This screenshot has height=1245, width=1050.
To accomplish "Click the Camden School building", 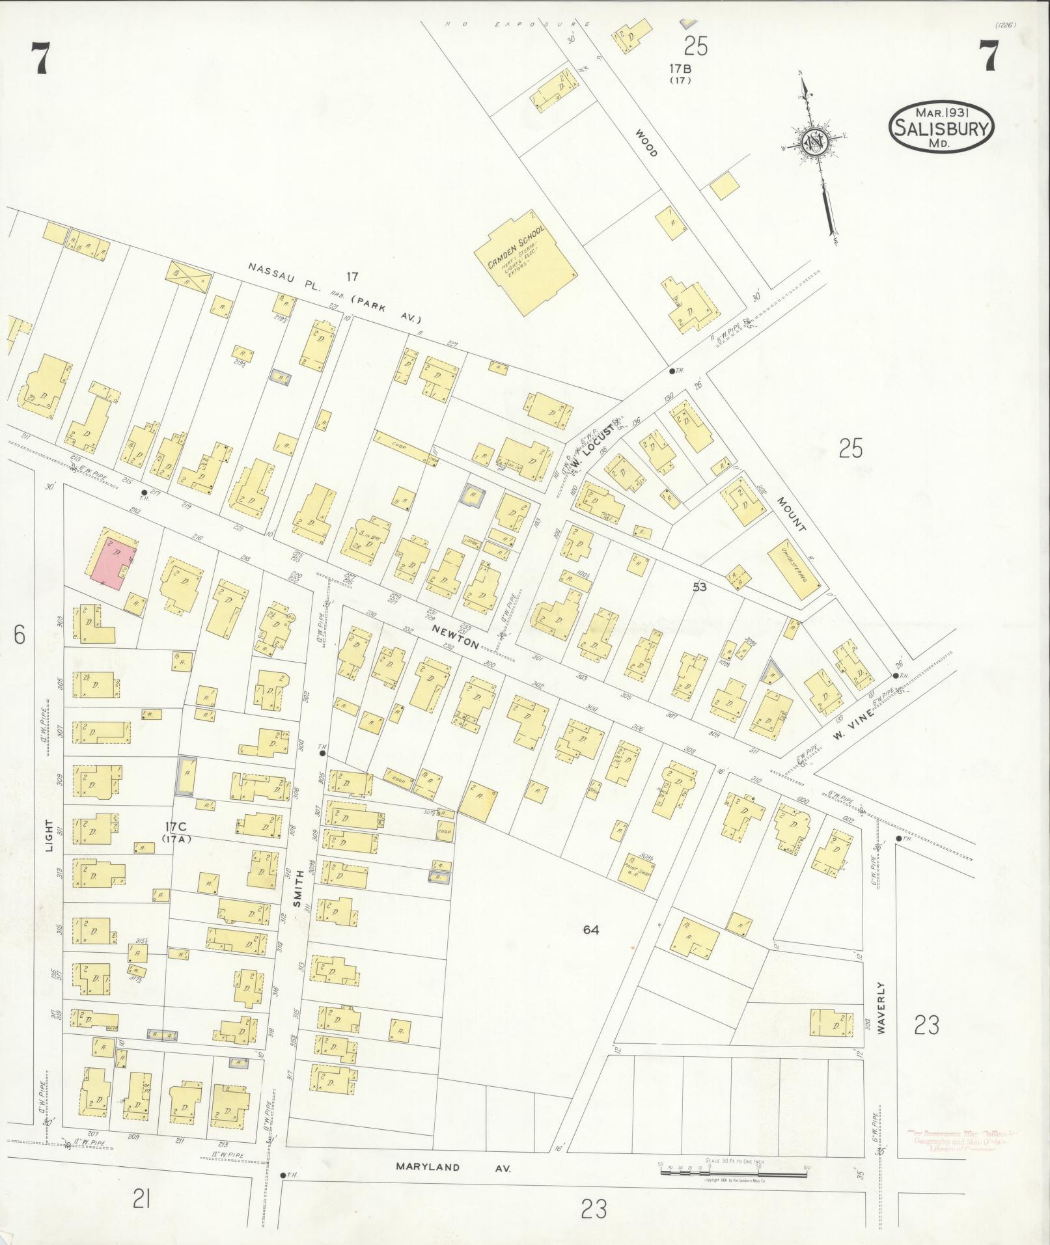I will pos(524,262).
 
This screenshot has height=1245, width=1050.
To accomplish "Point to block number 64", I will pos(590,930).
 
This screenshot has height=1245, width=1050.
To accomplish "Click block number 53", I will pos(699,586).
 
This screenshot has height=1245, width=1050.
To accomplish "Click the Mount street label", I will pos(791,515).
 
